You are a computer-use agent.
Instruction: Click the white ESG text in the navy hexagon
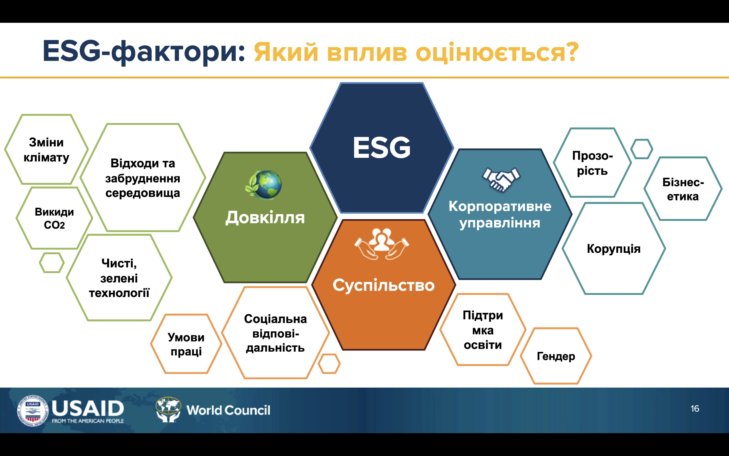[382, 147]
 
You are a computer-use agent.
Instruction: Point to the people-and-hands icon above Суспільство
[382, 244]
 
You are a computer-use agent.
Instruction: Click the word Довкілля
[265, 218]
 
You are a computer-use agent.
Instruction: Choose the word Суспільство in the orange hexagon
[383, 285]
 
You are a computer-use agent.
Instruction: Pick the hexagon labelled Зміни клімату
[46, 149]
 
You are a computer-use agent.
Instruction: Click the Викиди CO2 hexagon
[54, 218]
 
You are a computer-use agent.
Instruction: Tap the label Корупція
[614, 249]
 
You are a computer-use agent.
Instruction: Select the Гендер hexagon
[556, 356]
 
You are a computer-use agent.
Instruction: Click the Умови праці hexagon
[186, 344]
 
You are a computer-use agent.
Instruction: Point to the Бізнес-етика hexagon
[683, 189]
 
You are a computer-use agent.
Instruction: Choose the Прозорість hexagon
[592, 163]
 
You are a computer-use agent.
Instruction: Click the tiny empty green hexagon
[52, 263]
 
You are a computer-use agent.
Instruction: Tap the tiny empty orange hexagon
[329, 364]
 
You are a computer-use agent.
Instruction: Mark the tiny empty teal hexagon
[642, 149]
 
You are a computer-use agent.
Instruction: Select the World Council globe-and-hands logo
[168, 410]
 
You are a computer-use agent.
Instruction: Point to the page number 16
[695, 409]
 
